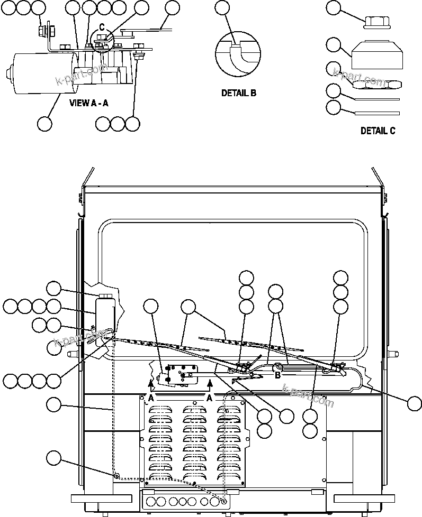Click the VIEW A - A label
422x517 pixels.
[89, 103]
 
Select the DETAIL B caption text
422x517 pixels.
[238, 93]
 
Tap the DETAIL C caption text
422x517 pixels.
[378, 131]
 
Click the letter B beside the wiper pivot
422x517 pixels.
[277, 375]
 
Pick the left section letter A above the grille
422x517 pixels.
[151, 398]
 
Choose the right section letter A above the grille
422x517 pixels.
[210, 398]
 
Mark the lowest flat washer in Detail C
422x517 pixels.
[377, 113]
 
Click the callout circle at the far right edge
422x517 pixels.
[415, 403]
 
